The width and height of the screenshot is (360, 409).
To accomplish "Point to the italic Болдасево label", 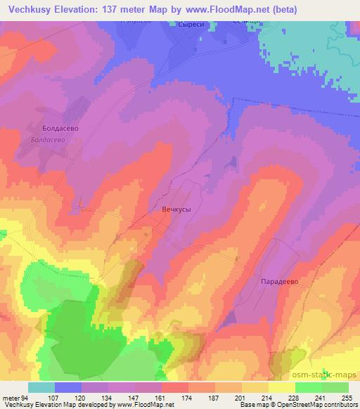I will [x=48, y=140].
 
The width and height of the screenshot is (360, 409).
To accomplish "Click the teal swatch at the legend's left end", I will [x=41, y=387].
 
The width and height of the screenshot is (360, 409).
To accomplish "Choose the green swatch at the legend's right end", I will [x=335, y=387].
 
